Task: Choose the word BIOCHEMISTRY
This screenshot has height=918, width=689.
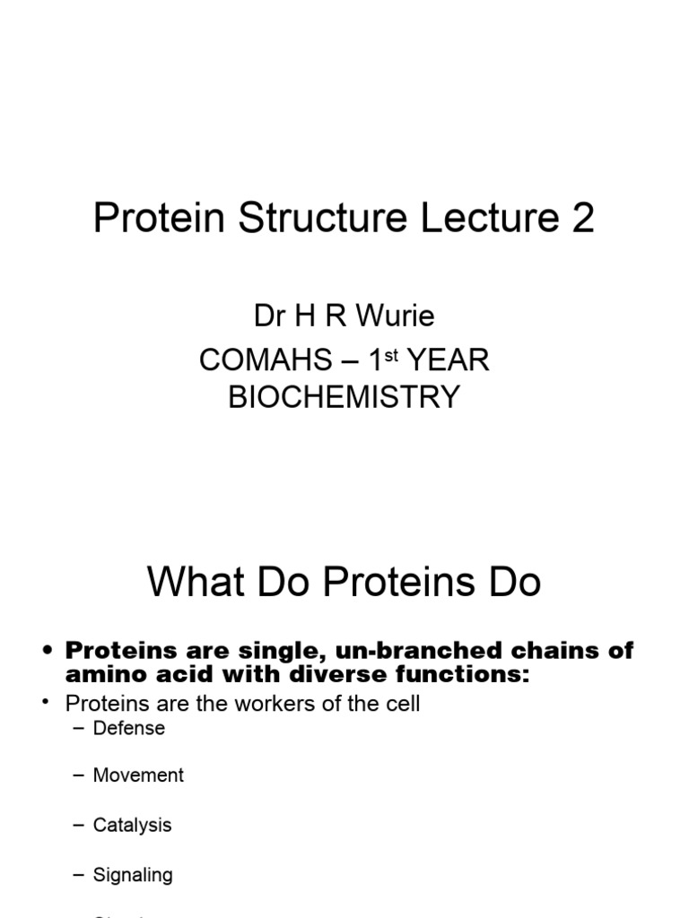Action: [344, 397]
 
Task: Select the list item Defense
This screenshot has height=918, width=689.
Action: [129, 728]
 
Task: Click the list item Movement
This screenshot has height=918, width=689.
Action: [138, 775]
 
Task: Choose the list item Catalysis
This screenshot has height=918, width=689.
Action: [132, 825]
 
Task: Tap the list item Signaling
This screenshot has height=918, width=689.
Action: [133, 874]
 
